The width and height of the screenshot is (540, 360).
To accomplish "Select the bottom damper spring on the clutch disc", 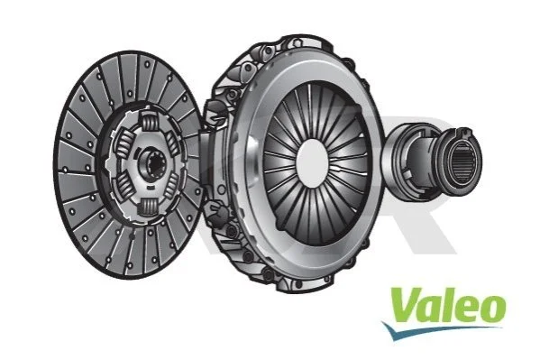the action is tap(149, 207).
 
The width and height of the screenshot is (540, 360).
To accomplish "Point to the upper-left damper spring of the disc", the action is tap(124, 142).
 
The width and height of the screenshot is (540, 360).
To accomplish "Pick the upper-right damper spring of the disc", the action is tap(171, 143).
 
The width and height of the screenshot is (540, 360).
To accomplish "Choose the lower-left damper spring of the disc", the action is tap(123, 186).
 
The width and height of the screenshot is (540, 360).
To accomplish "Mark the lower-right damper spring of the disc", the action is tap(171, 185).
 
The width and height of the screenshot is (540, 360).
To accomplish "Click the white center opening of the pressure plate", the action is tap(312, 162).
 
